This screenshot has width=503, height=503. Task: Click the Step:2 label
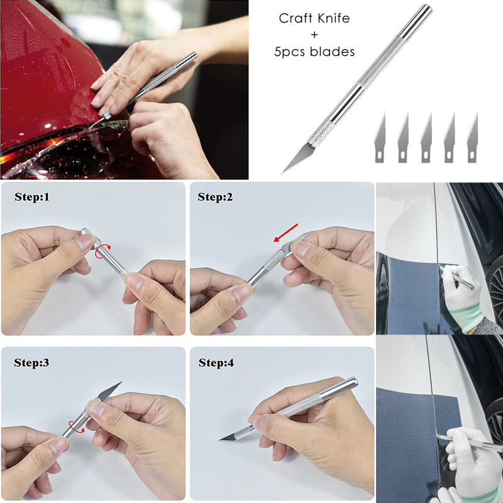(x=215, y=197)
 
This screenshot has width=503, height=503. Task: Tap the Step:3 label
(x=31, y=363)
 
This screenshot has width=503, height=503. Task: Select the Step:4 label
(x=216, y=363)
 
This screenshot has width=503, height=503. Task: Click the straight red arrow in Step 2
(x=285, y=233)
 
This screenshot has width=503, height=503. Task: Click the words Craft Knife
(x=314, y=19)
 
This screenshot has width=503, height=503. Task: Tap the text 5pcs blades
(x=314, y=52)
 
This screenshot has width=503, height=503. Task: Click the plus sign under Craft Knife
(x=314, y=35)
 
